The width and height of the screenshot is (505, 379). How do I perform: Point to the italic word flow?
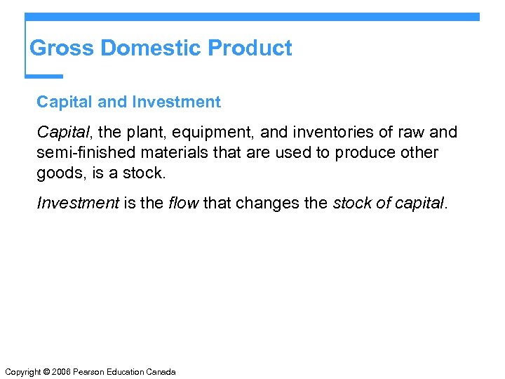(x=184, y=204)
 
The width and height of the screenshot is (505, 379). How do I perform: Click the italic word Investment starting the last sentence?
(x=78, y=204)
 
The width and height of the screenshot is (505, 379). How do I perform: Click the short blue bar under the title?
(x=44, y=76)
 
